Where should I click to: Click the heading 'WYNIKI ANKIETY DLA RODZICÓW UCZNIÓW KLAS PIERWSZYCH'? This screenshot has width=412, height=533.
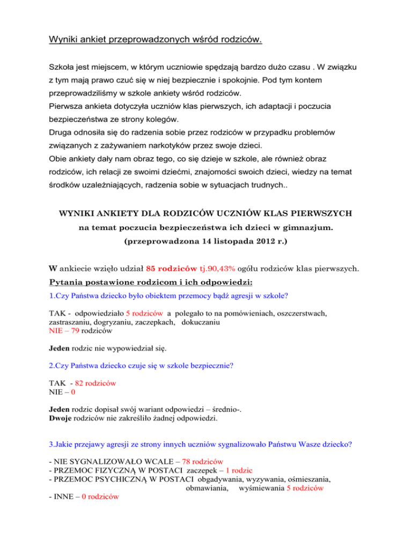coord(205,199)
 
